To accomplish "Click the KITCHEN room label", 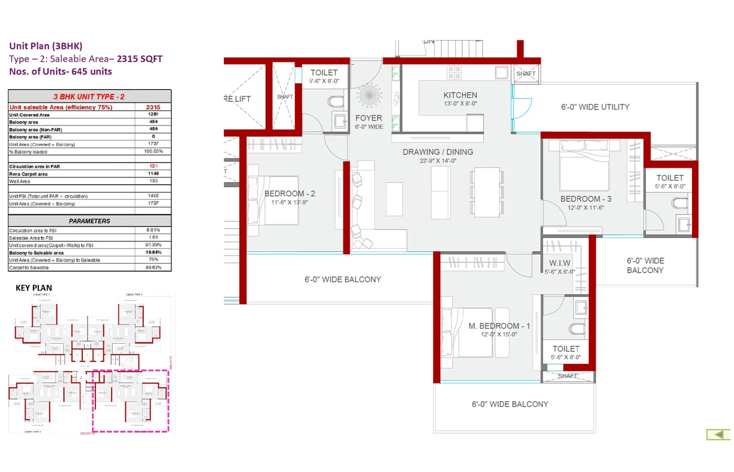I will (x=460, y=95).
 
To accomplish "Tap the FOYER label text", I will (x=369, y=119).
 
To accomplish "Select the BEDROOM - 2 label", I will (x=289, y=194).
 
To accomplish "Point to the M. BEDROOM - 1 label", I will (x=499, y=326).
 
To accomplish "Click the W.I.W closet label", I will (x=559, y=263).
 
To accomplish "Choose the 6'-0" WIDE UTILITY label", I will (x=595, y=107).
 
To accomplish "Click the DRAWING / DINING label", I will (x=438, y=152).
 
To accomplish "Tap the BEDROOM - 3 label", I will (x=586, y=199).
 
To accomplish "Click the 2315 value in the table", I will (x=153, y=107).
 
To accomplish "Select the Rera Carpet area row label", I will (x=28, y=174).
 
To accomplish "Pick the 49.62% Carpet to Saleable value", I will (x=153, y=267).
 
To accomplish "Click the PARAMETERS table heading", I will (x=90, y=221).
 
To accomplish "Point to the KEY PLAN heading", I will (x=34, y=288).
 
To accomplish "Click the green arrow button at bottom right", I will (x=718, y=435).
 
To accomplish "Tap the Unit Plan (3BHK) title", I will (x=46, y=46).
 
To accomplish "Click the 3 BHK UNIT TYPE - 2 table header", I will (x=89, y=97).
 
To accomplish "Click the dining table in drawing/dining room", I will (x=487, y=192).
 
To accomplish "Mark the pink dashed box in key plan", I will (x=131, y=401).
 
